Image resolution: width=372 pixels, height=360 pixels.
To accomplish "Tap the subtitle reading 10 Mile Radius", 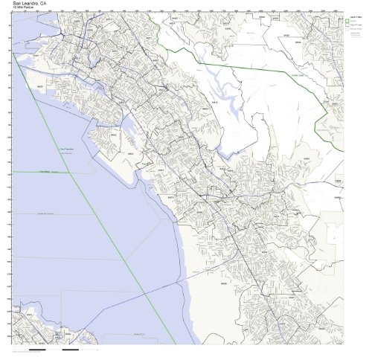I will (x=24, y=8).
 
